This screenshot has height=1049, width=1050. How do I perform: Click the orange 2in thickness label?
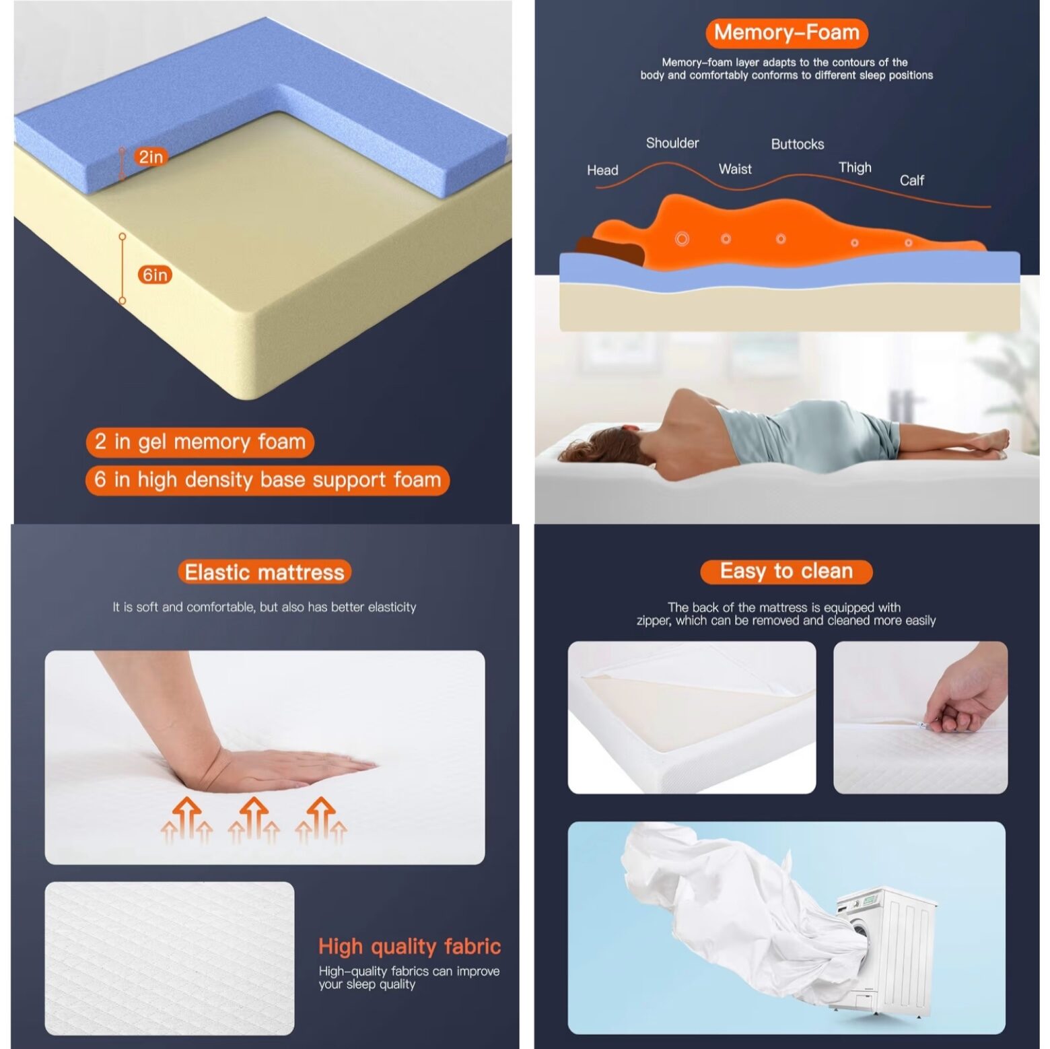pos(151,157)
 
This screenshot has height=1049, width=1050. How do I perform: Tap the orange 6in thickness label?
pos(155,275)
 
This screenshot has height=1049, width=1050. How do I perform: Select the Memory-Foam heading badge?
pos(786,32)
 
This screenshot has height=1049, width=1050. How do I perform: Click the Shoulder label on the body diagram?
pos(672,143)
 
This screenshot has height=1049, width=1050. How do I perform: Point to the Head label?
pos(602,170)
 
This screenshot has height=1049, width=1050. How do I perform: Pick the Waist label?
pos(735,169)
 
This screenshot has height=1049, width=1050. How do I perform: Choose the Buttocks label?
pos(798,144)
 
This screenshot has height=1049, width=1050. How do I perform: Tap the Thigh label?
pos(855,168)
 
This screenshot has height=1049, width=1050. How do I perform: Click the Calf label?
pos(912,180)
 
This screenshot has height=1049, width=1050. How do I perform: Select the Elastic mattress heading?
pos(265,572)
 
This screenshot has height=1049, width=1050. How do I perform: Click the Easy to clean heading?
pos(786,572)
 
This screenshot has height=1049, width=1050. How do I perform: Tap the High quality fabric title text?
pos(409,946)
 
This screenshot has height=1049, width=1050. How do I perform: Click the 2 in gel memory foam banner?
pos(200,442)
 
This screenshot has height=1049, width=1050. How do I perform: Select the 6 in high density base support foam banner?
pos(267,480)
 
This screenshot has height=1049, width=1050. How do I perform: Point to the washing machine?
pos(886,949)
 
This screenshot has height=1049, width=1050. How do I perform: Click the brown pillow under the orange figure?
pos(610,250)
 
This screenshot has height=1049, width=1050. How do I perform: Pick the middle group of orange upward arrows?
pos(253,819)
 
